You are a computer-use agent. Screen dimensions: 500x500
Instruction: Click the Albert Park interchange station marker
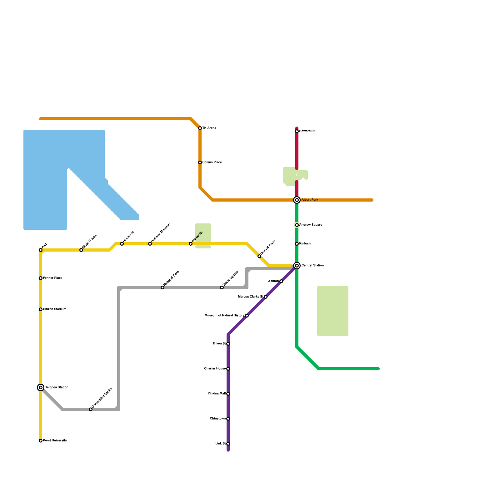pos(297,200)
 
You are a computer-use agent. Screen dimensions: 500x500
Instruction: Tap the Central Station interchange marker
pos(297,266)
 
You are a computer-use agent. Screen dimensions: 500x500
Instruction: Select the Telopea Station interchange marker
pos(41,387)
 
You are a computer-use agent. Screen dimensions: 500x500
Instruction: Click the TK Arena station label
pos(209,128)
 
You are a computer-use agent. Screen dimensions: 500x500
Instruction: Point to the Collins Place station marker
pos(200,162)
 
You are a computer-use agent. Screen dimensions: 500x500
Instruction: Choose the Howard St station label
pos(307,131)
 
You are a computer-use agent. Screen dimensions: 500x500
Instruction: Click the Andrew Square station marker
pos(297,225)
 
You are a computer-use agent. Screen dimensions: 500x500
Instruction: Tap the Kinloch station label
pos(305,244)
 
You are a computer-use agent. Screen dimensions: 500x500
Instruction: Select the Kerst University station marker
pos(41,441)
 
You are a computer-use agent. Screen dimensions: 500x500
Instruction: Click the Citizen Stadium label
pos(55,309)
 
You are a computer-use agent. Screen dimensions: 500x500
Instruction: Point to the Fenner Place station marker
pos(41,278)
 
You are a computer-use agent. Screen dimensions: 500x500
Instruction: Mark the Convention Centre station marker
pos(91,409)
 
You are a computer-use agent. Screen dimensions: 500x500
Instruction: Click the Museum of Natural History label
pos(224,316)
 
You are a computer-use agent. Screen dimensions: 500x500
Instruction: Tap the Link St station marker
pos(228,444)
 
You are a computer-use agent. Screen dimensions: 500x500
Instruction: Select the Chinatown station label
pos(218,419)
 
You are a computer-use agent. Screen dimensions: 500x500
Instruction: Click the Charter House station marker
pos(228,369)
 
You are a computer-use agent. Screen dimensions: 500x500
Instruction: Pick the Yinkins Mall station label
pos(217,394)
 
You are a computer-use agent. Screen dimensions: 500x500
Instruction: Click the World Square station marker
pos(222,287)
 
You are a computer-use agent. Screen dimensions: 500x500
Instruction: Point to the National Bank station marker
pos(162,287)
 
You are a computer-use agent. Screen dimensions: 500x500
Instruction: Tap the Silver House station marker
pos(81,250)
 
